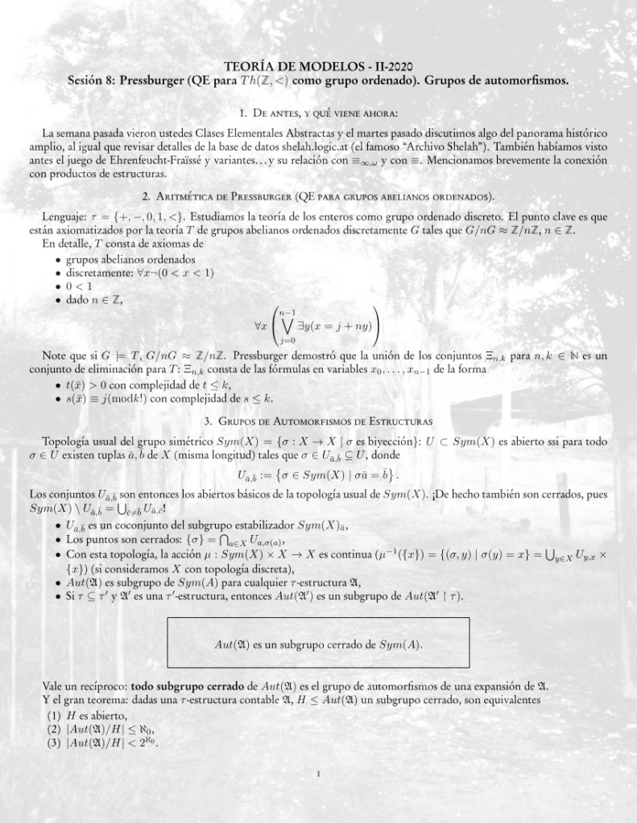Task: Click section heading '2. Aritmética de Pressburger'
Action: coord(318,196)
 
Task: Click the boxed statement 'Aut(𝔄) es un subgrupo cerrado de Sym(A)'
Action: coord(318,645)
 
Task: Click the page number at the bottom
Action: coord(319,775)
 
